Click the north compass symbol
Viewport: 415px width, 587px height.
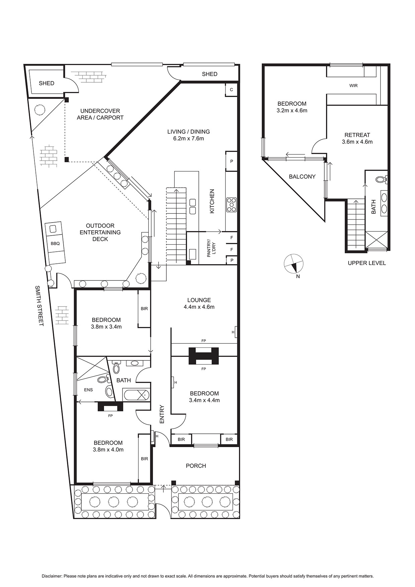coord(293,263)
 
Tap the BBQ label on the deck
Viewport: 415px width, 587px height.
coord(55,243)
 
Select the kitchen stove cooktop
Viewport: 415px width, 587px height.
coord(231,205)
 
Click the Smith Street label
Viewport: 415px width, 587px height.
coord(40,306)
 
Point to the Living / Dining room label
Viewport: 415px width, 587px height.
coord(188,135)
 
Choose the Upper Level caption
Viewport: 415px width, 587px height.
coord(367,263)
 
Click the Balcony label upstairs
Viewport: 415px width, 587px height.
coord(302,177)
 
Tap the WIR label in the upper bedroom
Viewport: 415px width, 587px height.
coord(353,86)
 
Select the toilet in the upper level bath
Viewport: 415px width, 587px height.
coord(381,179)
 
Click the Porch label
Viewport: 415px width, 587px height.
coord(196,466)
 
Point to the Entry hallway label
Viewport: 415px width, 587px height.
coord(162,415)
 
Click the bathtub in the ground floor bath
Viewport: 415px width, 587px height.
coord(137,395)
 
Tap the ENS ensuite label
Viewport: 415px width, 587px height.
coord(88,390)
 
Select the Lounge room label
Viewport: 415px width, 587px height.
coord(199,304)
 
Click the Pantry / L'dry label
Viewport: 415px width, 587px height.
coord(211,248)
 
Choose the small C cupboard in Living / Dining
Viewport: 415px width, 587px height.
coord(231,90)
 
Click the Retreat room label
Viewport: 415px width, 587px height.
coord(357,138)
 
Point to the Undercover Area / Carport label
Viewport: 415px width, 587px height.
coord(100,114)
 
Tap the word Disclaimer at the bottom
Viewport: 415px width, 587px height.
coord(52,576)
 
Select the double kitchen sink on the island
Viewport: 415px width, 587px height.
coord(192,206)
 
